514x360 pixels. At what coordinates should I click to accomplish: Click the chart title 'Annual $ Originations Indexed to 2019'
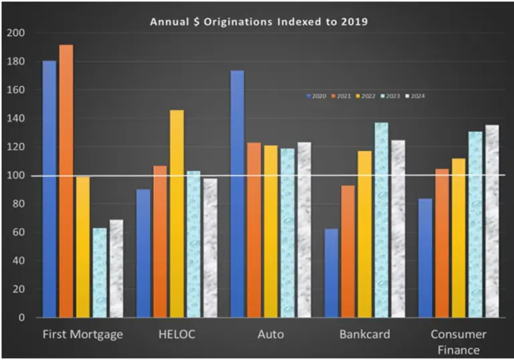[258, 21]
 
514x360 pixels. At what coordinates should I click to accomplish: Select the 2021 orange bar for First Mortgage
[66, 181]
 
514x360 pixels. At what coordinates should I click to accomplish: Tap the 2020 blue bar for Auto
[238, 194]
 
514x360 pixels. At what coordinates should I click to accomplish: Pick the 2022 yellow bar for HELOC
[177, 213]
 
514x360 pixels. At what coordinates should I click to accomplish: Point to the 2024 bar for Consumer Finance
[492, 221]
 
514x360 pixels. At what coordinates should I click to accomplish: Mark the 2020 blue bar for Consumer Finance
[425, 258]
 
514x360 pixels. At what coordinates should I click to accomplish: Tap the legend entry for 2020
[316, 96]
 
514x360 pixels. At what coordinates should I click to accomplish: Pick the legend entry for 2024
[416, 96]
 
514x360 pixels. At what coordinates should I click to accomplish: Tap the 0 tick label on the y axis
[20, 318]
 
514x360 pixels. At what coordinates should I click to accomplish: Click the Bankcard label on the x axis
[364, 334]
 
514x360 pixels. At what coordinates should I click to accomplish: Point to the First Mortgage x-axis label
[83, 334]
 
